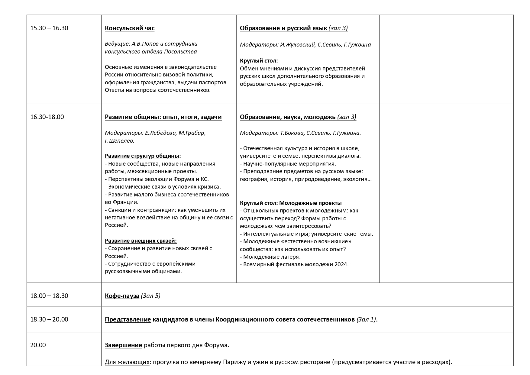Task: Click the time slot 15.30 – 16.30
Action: (x=49, y=28)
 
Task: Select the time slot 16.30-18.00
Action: (x=47, y=117)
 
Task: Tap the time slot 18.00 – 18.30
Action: (x=49, y=296)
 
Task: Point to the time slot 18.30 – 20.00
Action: (x=49, y=319)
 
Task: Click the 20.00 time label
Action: (x=38, y=345)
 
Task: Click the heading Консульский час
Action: (x=130, y=28)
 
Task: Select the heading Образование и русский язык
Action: (x=283, y=28)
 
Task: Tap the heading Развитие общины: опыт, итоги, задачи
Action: (x=163, y=117)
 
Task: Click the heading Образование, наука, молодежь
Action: (x=287, y=117)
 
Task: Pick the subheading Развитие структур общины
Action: (x=143, y=156)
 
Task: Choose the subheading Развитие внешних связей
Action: (x=141, y=241)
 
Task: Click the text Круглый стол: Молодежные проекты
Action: (x=291, y=203)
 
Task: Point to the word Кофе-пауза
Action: (x=122, y=296)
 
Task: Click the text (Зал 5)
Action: (x=150, y=296)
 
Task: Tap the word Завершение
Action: (x=123, y=345)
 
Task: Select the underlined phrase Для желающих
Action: (x=127, y=362)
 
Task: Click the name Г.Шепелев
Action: (x=120, y=141)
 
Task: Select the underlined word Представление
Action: (x=128, y=319)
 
